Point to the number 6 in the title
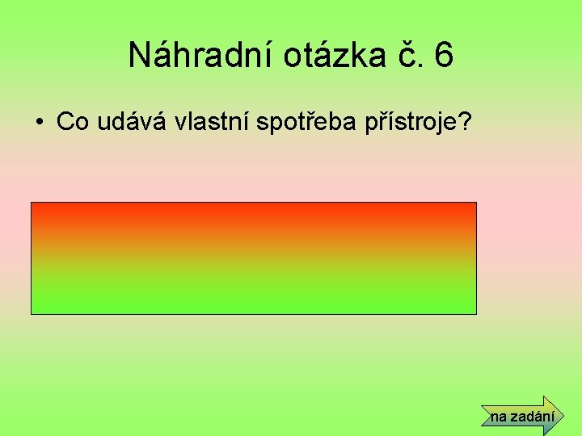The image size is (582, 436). pyautogui.click(x=443, y=56)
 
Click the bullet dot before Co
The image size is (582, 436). pyautogui.click(x=38, y=123)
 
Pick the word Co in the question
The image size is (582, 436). pyautogui.click(x=74, y=122)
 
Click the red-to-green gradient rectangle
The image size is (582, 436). pyautogui.click(x=254, y=258)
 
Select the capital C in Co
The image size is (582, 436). pyautogui.click(x=65, y=122)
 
